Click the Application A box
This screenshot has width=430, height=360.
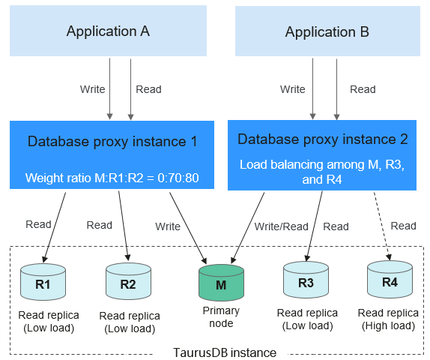(x=108, y=31)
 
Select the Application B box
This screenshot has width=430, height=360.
(x=327, y=31)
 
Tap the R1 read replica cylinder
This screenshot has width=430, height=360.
(x=43, y=282)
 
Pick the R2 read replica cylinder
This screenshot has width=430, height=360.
(x=128, y=281)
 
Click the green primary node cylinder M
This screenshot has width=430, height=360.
(x=221, y=283)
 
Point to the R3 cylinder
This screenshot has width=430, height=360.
(x=306, y=280)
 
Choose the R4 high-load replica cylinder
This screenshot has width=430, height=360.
(x=390, y=280)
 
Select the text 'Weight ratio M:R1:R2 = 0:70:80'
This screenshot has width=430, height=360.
(x=112, y=178)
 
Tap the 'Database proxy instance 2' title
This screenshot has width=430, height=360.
(x=322, y=139)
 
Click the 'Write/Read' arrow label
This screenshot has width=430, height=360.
(x=282, y=226)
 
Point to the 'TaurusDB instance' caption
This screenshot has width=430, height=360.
(x=225, y=352)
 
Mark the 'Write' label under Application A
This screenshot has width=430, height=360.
(x=93, y=89)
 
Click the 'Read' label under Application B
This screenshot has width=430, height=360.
(x=363, y=89)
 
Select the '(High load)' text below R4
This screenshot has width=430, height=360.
(x=388, y=325)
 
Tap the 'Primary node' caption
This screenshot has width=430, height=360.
(x=221, y=317)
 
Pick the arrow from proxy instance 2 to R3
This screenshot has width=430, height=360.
(x=315, y=226)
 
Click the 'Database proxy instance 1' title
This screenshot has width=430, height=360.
(x=112, y=142)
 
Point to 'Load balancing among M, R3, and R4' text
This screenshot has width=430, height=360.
(x=322, y=172)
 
